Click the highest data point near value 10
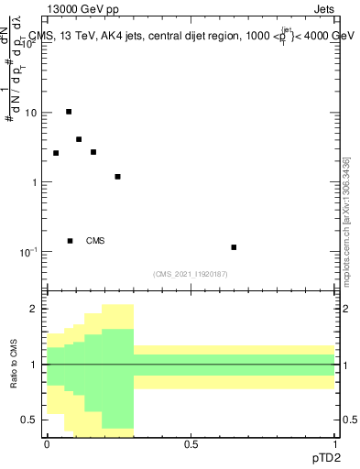69,112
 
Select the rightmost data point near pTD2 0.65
234,247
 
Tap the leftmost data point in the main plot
56,153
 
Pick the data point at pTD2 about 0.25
117,177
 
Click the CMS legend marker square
70,241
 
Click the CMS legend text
95,241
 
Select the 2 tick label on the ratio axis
32,310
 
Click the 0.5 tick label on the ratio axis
28,420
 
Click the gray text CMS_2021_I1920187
191,274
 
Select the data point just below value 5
79,139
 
